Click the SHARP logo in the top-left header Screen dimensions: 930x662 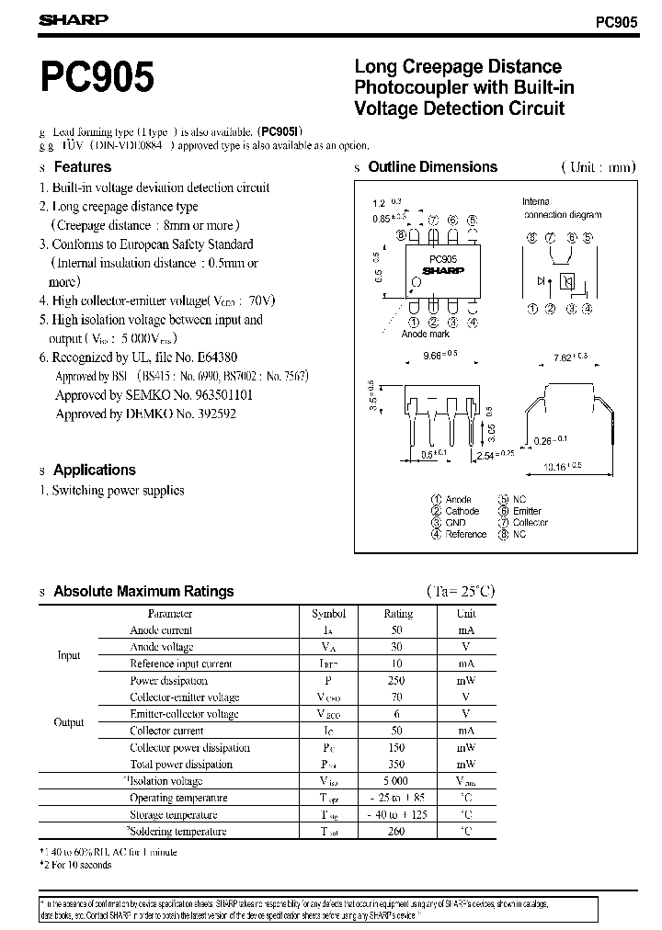pos(73,19)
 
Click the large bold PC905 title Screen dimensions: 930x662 pos(97,78)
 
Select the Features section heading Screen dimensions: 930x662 pos(82,167)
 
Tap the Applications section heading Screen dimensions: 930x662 pos(94,470)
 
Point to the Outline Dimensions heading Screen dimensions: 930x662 pos(432,167)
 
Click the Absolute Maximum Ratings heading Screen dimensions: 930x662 pos(143,592)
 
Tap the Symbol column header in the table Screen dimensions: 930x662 pos(329,613)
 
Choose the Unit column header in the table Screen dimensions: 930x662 pos(466,613)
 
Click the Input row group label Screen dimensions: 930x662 pos(69,655)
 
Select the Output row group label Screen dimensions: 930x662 pos(69,722)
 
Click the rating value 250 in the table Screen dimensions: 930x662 pos(398,681)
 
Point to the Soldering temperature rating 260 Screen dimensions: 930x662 pos(398,832)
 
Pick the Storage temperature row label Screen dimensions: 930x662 pos(174,815)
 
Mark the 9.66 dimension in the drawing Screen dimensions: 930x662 pos(434,353)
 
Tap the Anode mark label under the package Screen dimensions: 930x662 pos(426,335)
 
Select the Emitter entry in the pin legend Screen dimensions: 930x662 pos(528,511)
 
